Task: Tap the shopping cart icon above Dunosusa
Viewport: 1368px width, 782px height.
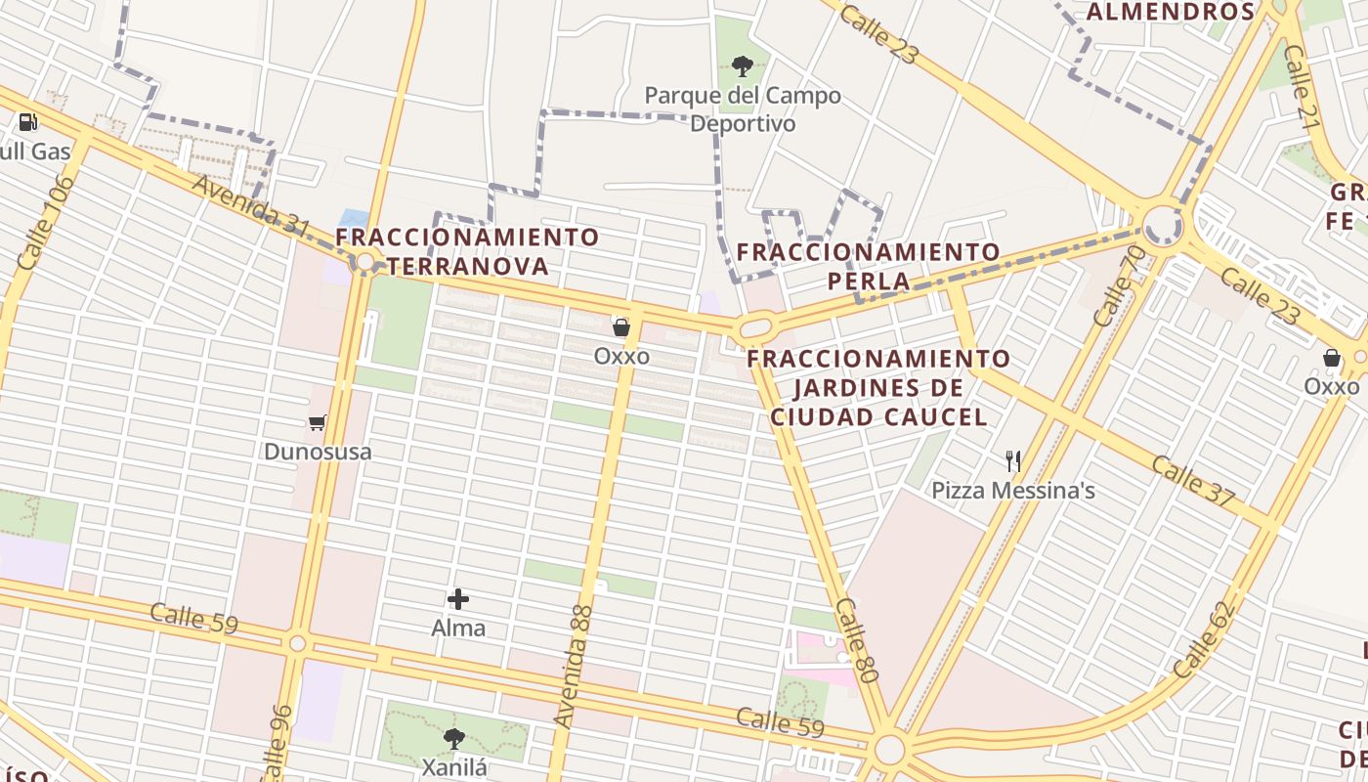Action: coord(317,423)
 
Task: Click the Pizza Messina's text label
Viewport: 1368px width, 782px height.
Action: coord(1012,491)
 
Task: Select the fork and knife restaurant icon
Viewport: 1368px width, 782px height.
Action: coord(1013,461)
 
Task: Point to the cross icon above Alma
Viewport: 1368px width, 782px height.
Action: coord(458,599)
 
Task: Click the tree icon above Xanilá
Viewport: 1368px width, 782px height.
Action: coord(454,738)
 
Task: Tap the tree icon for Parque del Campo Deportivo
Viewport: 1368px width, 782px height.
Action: coord(743,66)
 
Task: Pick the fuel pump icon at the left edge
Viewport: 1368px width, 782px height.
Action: coord(28,122)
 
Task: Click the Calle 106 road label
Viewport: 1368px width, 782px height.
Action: coord(46,224)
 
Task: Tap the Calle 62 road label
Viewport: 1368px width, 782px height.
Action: coord(1205,640)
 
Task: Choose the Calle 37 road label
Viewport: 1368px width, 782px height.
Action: coord(1192,480)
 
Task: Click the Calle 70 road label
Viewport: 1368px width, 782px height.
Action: coord(1119,285)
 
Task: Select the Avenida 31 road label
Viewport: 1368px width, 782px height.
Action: coord(251,204)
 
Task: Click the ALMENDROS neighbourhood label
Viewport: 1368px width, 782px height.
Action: coord(1170,12)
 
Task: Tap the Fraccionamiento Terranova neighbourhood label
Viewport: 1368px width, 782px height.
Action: coord(467,251)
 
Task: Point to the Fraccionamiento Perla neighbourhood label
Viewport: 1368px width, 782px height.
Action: coord(868,266)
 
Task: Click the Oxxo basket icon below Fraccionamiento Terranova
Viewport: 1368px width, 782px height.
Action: coord(621,327)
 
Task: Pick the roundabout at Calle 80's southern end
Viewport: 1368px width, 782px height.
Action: coord(889,750)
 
